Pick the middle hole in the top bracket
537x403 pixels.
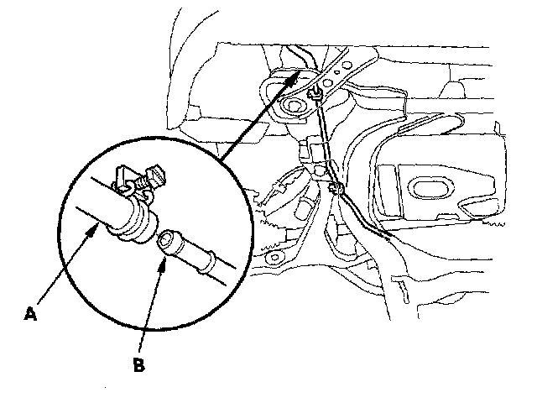[x=332, y=73]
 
